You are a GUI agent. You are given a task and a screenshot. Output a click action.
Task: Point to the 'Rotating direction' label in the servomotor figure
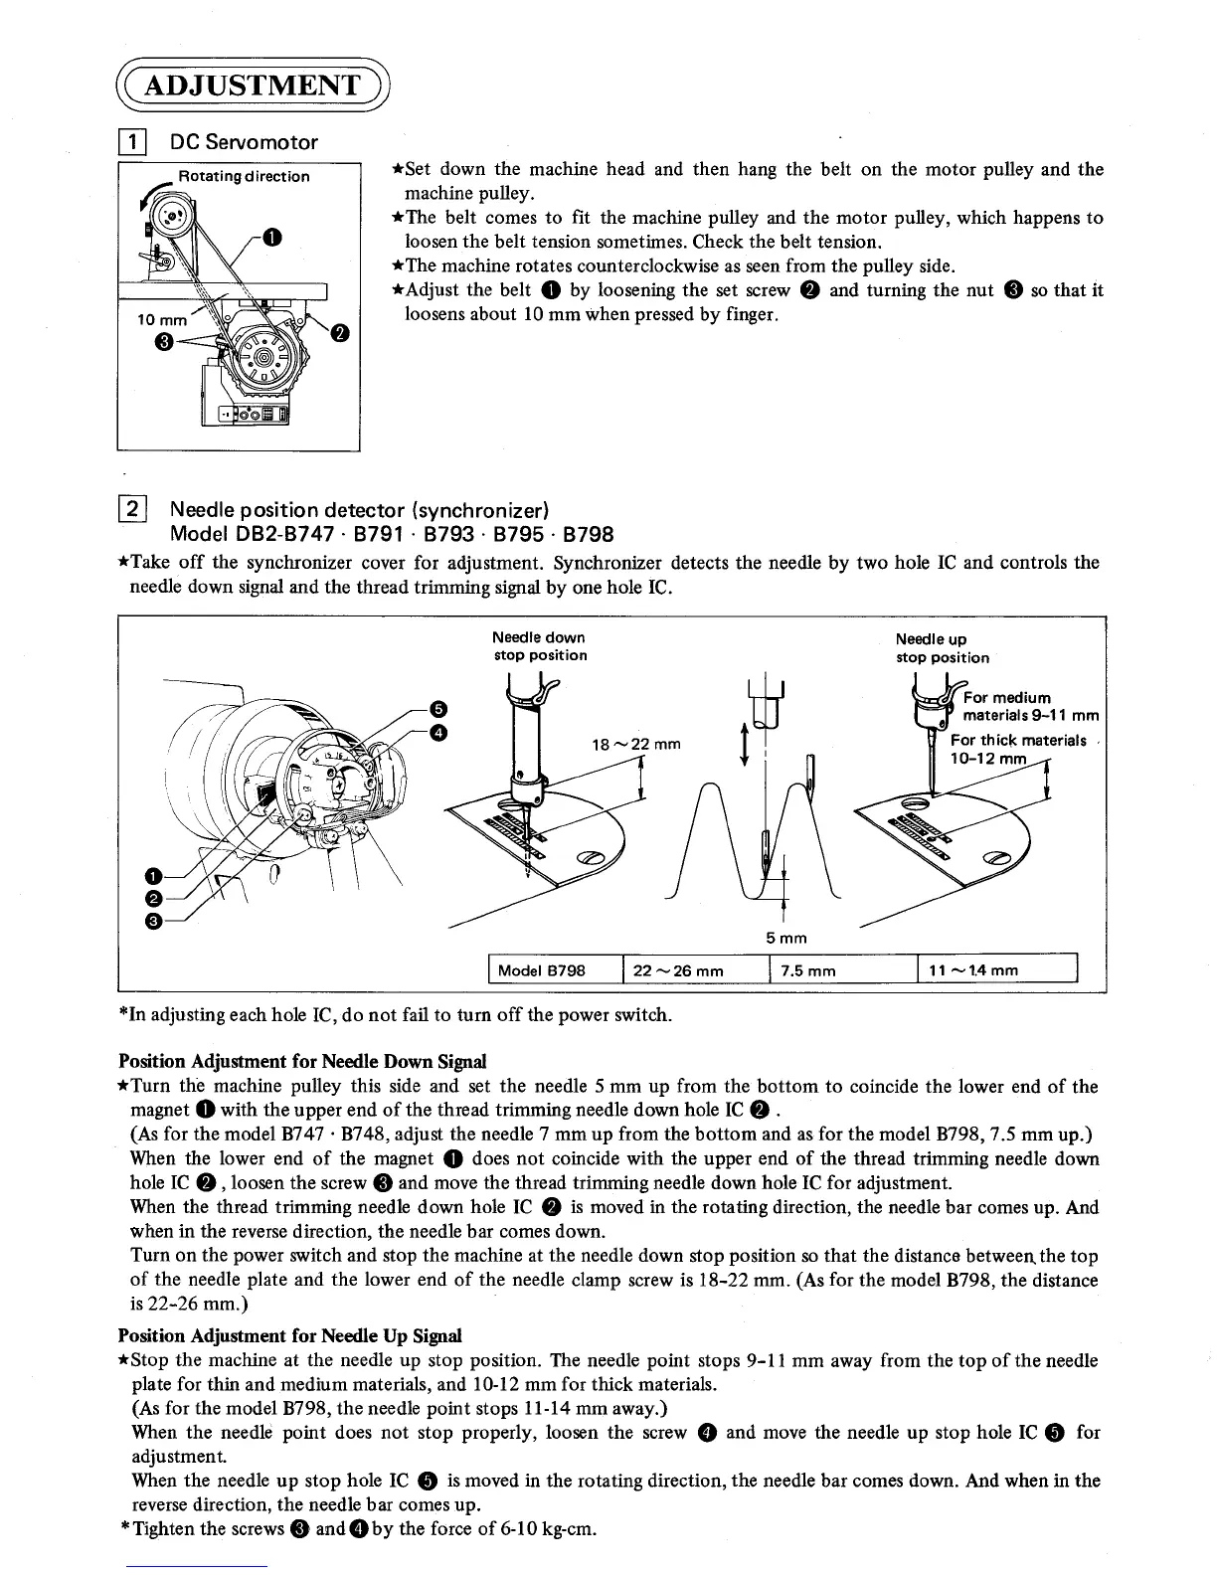point(244,177)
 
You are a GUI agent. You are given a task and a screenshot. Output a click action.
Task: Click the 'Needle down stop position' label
point(540,646)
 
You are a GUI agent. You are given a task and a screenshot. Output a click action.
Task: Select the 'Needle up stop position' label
point(942,648)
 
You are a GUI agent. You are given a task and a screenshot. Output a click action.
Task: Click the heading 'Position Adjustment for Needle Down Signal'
point(302,1061)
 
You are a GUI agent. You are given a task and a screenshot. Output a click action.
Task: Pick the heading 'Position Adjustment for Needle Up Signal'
point(290,1335)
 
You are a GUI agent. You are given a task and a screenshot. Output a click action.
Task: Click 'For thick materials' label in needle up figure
point(1017,740)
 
